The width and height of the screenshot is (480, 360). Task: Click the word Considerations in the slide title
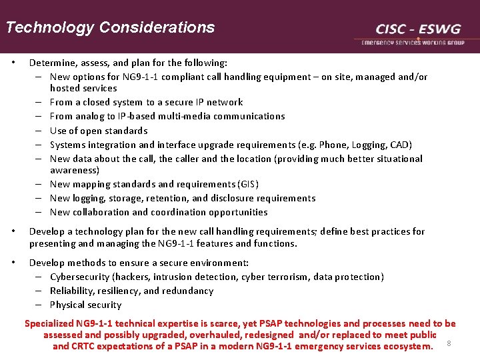(x=157, y=27)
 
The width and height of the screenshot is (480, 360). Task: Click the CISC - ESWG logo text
(x=418, y=29)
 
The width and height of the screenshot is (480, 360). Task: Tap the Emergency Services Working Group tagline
(x=413, y=42)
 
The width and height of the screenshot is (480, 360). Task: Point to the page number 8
(x=449, y=343)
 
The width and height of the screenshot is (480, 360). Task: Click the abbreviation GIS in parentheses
(x=248, y=184)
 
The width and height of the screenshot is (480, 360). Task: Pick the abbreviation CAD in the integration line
(x=400, y=145)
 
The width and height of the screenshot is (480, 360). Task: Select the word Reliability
(x=72, y=291)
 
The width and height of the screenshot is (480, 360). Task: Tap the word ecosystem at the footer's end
(x=407, y=346)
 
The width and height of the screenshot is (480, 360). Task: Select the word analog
(x=89, y=116)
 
